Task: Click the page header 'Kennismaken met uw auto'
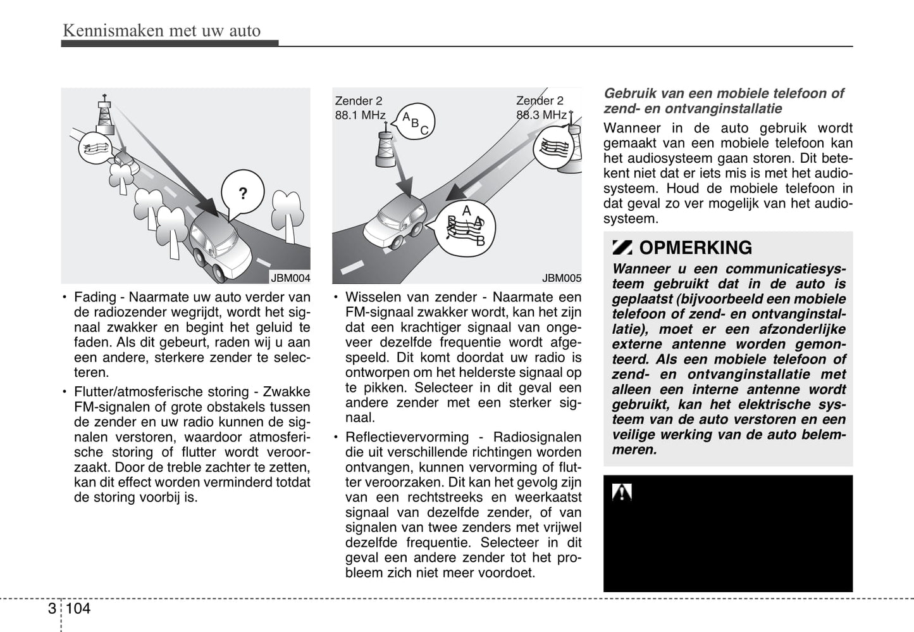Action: point(161,30)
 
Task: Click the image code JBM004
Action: point(290,278)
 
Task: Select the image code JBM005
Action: point(561,278)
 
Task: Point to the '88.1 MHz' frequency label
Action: point(360,115)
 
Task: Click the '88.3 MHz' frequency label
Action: point(541,115)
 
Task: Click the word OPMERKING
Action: point(695,248)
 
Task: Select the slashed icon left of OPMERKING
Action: point(622,248)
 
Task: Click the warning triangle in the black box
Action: point(622,492)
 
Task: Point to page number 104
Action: point(78,609)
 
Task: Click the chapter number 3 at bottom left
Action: point(51,609)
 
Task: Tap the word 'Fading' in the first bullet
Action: point(96,297)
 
